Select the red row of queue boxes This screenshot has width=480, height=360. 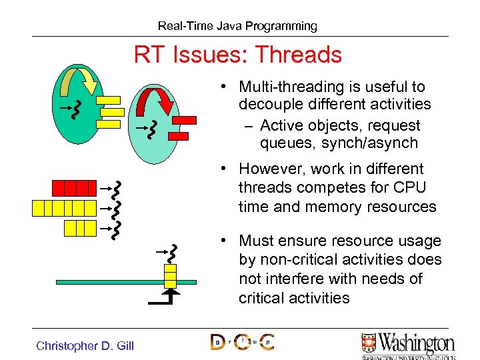click(74, 187)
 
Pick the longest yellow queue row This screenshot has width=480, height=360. click(64, 208)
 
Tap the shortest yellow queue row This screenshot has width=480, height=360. click(80, 228)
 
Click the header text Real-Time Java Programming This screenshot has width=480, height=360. click(237, 26)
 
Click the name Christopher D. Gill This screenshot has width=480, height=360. click(85, 345)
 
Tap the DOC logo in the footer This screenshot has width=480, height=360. click(242, 342)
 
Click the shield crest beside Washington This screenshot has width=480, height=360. click(369, 343)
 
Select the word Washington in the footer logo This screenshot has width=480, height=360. click(416, 343)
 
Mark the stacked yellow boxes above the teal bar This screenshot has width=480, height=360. click(171, 275)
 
